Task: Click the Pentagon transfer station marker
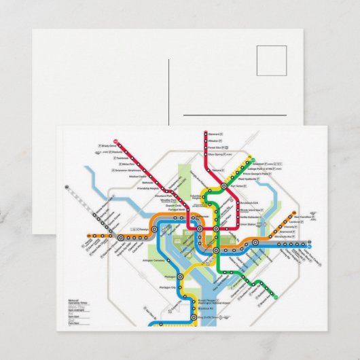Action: [x=180, y=276]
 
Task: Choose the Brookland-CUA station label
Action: [x=252, y=203]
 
